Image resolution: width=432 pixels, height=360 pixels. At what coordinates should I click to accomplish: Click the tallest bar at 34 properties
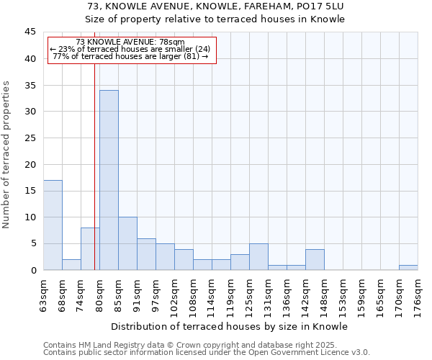coord(109,180)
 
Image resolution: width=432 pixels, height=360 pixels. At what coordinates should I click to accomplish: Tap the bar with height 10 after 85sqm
coord(127,243)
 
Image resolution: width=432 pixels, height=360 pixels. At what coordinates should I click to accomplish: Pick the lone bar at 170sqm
coord(408,267)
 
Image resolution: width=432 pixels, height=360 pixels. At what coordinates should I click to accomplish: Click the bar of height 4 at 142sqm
coord(315,259)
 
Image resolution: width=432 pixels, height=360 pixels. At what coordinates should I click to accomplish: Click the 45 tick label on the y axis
coord(30,32)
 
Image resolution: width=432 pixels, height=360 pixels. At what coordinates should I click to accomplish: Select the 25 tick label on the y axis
coord(30,138)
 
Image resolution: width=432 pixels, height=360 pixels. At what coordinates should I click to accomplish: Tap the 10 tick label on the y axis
coord(30,217)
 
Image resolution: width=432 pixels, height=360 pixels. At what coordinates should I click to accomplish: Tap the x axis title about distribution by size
coord(230,326)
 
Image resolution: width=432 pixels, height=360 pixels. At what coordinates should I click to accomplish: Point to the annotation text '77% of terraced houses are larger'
coord(130,56)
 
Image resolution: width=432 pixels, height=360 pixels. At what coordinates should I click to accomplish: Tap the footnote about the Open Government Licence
coord(207,353)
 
